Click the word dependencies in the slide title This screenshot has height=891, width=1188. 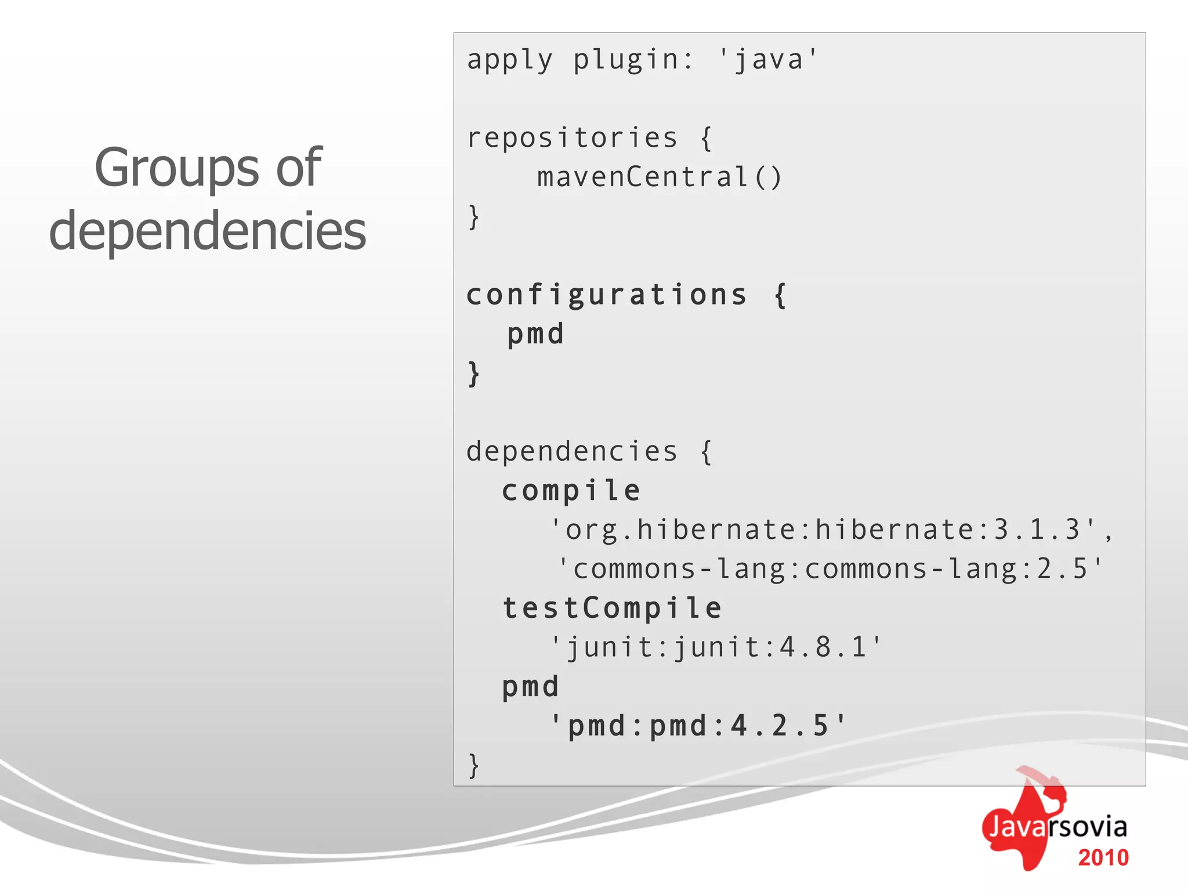[x=207, y=231]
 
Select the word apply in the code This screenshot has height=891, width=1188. [x=509, y=60]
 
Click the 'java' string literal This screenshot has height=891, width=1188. [x=768, y=59]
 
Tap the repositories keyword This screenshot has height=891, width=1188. [x=572, y=138]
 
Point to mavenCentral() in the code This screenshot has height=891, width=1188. [x=660, y=177]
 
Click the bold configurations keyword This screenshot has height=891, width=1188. [x=606, y=295]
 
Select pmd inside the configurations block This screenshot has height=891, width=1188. [x=535, y=335]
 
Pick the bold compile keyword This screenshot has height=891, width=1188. [x=571, y=491]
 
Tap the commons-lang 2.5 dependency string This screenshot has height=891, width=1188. [x=830, y=568]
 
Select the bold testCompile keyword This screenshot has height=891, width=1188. [x=612, y=609]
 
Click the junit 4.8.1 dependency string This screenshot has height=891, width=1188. [x=716, y=647]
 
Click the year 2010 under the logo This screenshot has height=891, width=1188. [x=1103, y=858]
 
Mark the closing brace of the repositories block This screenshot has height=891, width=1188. [x=474, y=217]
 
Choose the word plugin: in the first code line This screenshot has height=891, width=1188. [x=633, y=60]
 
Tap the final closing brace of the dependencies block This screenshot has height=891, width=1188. [x=474, y=765]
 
